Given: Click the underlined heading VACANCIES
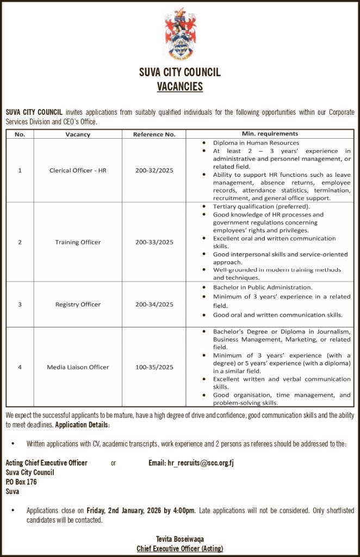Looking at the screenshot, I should [x=179, y=86].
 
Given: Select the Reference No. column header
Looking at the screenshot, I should [x=154, y=134].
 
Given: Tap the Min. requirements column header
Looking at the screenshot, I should [x=270, y=134].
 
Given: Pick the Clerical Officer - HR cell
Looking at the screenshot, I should [x=78, y=170].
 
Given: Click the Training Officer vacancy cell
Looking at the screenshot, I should [x=78, y=242].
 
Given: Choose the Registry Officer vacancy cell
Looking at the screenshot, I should [x=78, y=305].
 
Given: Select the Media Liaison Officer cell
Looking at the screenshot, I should [x=78, y=367].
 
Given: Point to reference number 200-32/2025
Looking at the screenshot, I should [x=154, y=170].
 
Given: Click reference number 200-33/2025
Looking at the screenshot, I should [x=154, y=242].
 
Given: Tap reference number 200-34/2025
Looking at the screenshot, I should [x=154, y=305].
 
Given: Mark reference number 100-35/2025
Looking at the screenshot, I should [x=154, y=367].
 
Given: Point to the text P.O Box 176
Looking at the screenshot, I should [x=21, y=482].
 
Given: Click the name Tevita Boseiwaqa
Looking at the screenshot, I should [x=179, y=539].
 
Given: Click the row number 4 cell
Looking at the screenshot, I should [x=20, y=367].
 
